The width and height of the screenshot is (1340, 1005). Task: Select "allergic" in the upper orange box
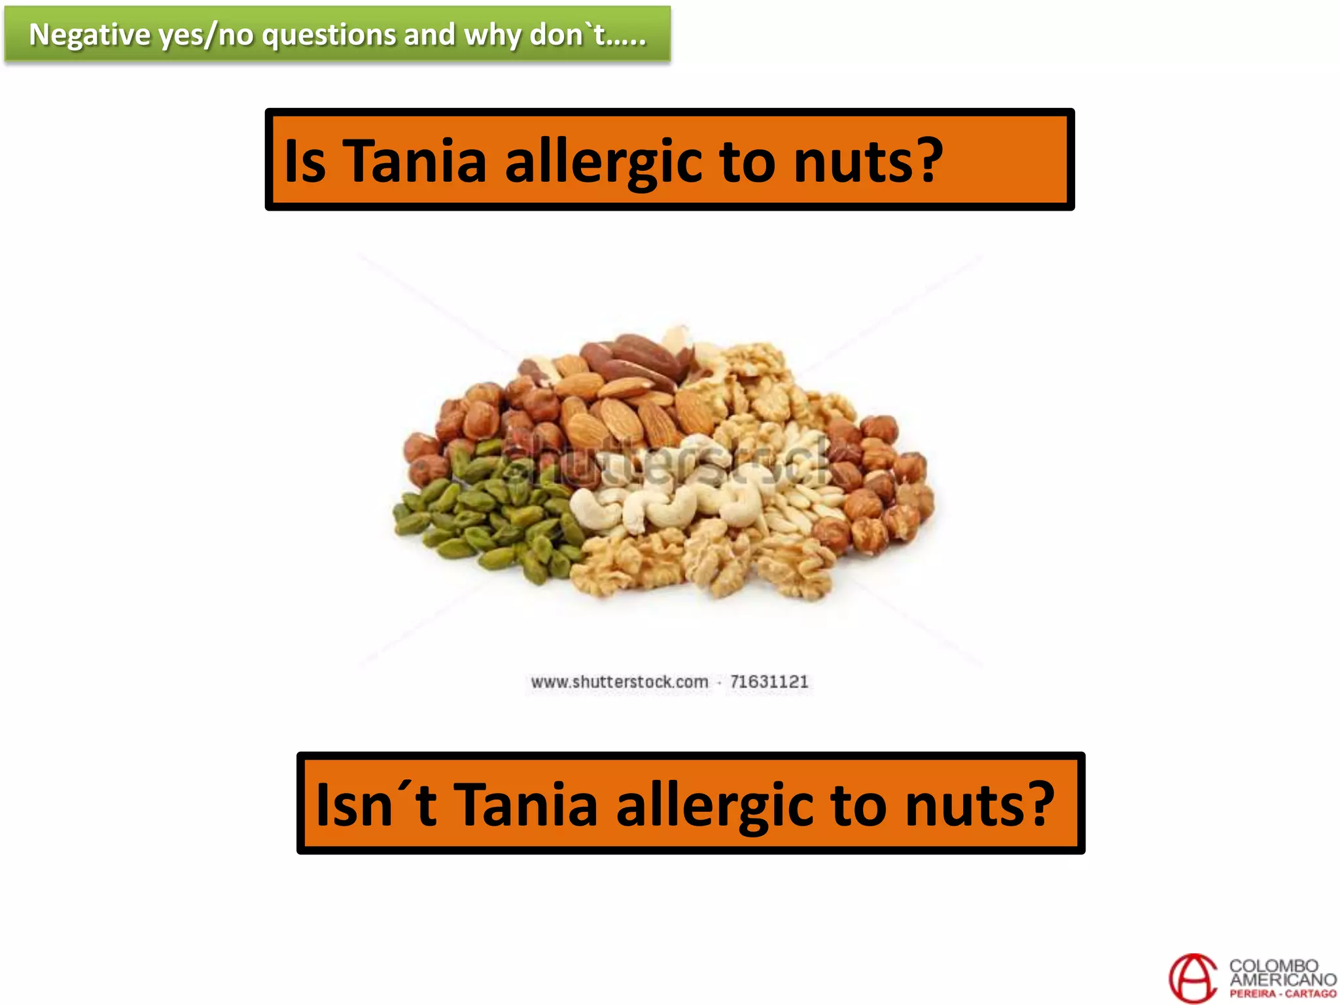coord(604,162)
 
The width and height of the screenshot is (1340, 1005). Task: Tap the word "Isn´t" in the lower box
coord(376,804)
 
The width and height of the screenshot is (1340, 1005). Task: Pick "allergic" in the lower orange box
coord(714,805)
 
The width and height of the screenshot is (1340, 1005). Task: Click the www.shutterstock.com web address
coord(619,682)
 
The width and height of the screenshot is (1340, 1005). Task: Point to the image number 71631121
coord(769,682)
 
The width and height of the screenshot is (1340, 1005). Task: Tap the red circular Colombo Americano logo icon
coord(1193,978)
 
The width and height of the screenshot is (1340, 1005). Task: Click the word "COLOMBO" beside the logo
coord(1273,966)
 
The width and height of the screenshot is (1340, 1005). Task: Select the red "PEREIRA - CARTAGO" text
coord(1282,994)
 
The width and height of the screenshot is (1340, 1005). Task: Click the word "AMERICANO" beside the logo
coord(1282,979)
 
